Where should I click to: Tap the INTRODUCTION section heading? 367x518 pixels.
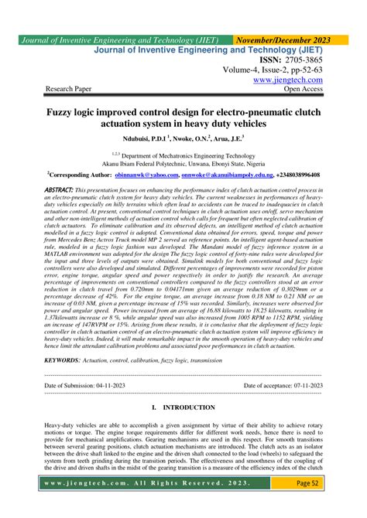tap(188, 406)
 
